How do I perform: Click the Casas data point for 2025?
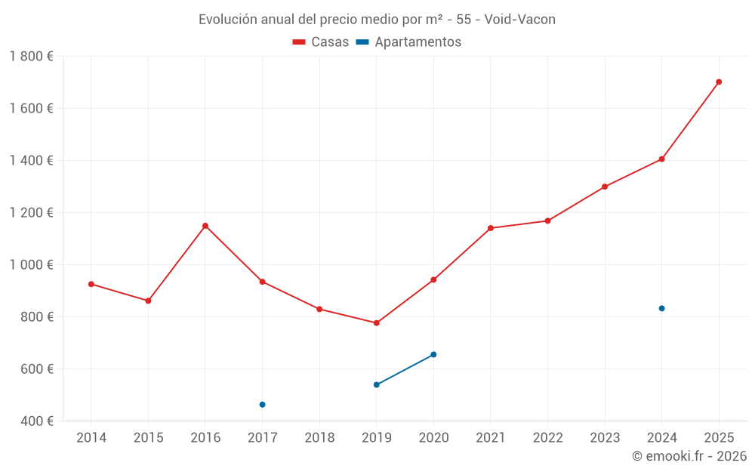point(719,82)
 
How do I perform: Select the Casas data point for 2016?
point(205,226)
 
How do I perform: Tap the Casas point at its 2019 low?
point(376,323)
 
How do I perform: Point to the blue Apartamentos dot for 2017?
point(262,405)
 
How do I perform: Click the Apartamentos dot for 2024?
point(661,308)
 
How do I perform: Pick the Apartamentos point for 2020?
point(433,354)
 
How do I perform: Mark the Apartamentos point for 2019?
point(376,384)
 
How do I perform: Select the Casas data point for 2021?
point(491,228)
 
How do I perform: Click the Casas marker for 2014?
point(91,284)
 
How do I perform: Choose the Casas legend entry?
point(322,42)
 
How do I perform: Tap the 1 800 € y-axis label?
point(31,57)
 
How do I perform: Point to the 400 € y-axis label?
point(36,421)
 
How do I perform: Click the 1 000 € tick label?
point(31,264)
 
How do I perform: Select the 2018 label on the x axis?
point(319,438)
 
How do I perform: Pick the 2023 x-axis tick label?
point(605,438)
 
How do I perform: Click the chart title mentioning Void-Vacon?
point(377,20)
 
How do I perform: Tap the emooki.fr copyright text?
point(689,456)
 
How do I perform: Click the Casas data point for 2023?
point(605,187)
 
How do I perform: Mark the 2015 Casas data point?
point(148,301)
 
